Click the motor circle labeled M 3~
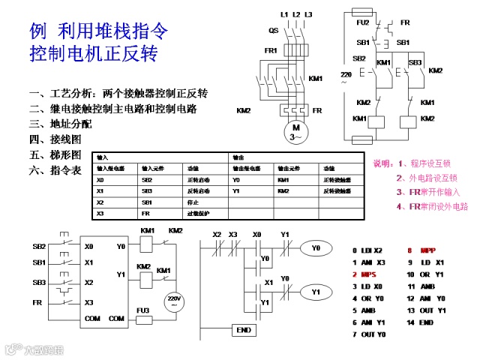pos(295,133)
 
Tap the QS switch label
pos(274,30)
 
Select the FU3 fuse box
pos(143,319)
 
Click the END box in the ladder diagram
pos(243,330)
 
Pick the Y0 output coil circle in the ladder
pos(316,247)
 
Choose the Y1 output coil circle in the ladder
pos(316,291)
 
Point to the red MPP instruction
pos(427,250)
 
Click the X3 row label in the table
pos(100,214)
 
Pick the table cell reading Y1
pos(236,191)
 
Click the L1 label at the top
pos(284,14)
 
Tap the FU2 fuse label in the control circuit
pos(362,23)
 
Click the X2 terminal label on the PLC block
pos(88,283)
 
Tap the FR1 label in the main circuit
pos(271,51)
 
